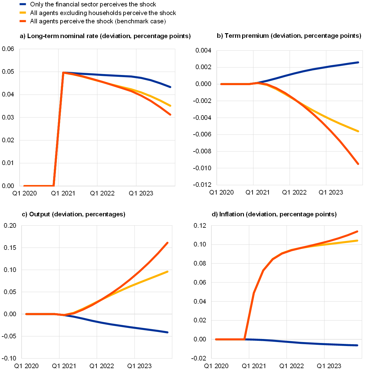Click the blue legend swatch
[23, 4]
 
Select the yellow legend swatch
[23, 13]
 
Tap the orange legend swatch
[23, 21]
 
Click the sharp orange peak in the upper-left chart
[63, 73]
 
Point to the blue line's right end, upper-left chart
[170, 87]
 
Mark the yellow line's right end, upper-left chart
[170, 106]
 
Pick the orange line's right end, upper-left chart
[170, 115]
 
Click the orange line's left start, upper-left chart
[24, 186]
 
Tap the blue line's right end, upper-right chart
[358, 62]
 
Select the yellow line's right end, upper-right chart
[358, 131]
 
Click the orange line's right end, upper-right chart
[358, 164]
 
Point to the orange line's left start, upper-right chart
[221, 84]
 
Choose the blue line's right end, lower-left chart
[168, 332]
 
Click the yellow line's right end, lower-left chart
[168, 271]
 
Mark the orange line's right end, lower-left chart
[168, 242]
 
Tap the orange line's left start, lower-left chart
[26, 314]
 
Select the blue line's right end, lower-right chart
[357, 345]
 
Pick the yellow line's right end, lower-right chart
[357, 240]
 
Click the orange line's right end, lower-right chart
[357, 231]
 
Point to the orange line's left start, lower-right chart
[216, 339]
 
